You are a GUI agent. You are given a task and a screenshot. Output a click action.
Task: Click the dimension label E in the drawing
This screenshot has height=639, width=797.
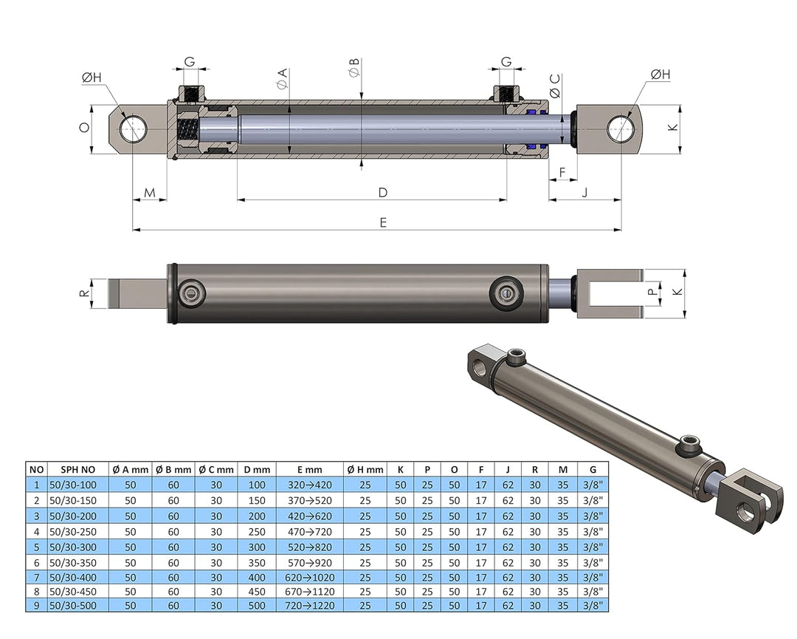383,222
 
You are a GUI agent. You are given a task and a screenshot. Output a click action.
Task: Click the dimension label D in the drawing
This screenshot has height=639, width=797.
383,192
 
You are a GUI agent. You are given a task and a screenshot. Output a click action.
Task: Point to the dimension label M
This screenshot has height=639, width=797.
150,193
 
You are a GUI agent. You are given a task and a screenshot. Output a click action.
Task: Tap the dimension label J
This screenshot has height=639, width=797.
585,193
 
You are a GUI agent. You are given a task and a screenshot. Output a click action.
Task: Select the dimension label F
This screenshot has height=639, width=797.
563,173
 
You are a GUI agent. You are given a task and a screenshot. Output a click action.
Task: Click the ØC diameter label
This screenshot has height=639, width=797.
555,86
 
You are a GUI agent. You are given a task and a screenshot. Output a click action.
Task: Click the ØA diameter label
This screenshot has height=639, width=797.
282,79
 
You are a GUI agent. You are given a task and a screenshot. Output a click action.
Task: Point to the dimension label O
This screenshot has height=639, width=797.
84,127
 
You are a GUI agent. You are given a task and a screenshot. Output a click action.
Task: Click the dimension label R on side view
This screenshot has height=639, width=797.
84,293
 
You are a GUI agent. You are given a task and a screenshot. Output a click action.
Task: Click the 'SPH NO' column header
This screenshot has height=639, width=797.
77,469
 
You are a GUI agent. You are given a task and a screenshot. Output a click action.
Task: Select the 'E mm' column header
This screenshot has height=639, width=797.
310,469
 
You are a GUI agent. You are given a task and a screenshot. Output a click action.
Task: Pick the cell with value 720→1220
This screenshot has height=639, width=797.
310,606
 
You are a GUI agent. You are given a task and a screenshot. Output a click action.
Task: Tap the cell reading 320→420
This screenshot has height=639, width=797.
310,485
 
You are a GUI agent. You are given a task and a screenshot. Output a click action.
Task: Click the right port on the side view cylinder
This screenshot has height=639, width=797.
508,293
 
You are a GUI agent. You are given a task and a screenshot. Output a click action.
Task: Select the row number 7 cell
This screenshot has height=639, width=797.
35,576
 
